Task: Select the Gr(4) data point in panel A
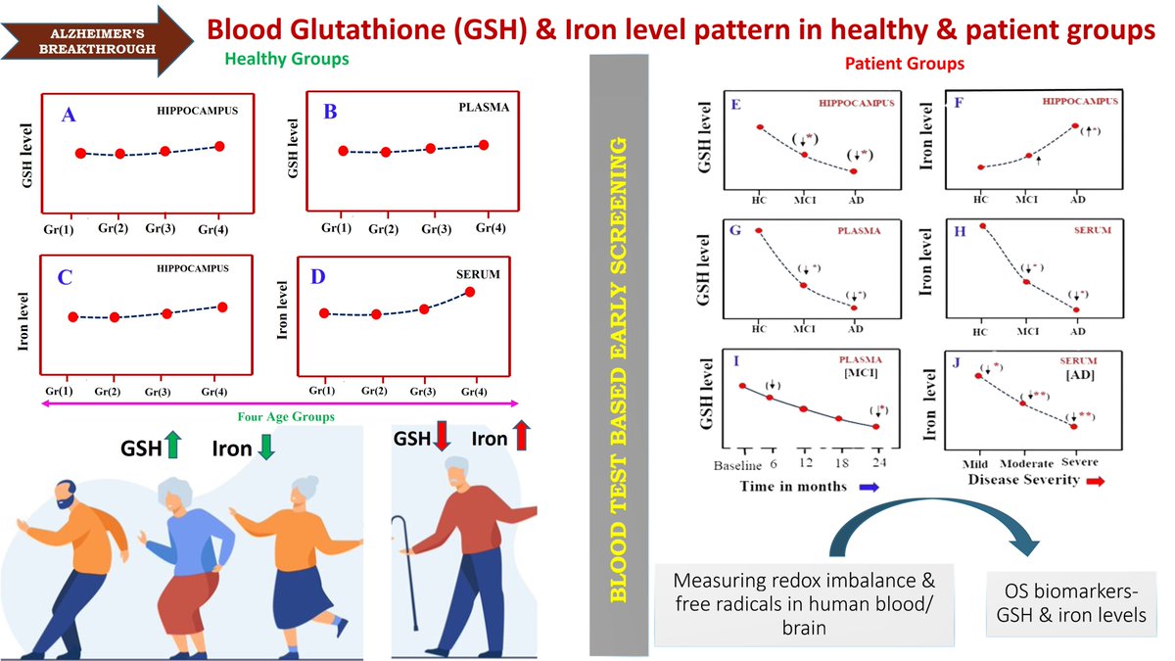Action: (219, 146)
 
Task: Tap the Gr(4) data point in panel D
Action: (471, 292)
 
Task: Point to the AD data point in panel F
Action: (1075, 126)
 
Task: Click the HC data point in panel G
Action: (759, 231)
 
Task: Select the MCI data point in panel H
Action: (1026, 281)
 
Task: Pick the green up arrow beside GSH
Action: (172, 447)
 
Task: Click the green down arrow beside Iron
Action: (266, 447)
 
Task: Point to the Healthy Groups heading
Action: (287, 59)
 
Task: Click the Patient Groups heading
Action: (904, 64)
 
